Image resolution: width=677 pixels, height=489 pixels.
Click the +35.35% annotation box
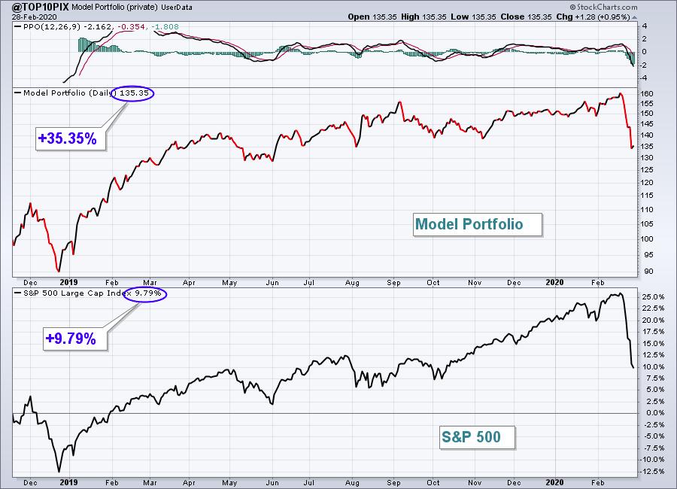coord(71,138)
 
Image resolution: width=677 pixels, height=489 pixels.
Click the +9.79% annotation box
coord(74,339)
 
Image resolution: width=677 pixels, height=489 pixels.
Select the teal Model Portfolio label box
coord(477,224)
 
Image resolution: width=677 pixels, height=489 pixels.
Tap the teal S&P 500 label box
coord(477,437)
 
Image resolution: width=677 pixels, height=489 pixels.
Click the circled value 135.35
coord(134,93)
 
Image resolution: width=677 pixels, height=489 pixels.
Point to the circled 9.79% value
coord(147,293)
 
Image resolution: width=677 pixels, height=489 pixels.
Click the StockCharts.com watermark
coord(603,7)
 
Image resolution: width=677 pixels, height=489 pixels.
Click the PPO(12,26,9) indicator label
coord(52,27)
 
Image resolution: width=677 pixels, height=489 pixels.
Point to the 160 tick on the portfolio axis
coord(647,94)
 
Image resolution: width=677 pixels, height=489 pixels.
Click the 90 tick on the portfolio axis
coord(649,272)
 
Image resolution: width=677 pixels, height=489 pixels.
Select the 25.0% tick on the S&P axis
coord(653,297)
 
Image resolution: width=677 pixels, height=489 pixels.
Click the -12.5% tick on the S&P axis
coord(652,471)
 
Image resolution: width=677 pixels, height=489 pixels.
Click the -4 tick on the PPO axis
coord(644,78)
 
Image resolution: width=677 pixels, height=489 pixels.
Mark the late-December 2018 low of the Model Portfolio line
coord(58,272)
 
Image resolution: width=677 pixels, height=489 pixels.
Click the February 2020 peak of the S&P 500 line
coord(621,293)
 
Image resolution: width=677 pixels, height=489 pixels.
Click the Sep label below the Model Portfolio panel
coord(393,283)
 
